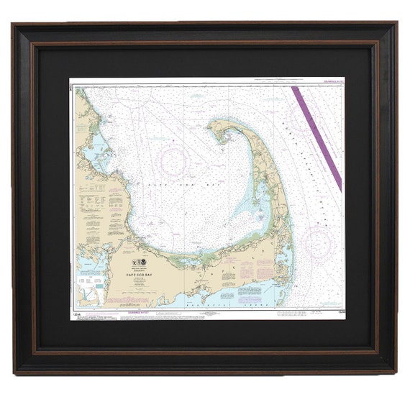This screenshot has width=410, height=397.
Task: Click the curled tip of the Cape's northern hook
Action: [x=215, y=127]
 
